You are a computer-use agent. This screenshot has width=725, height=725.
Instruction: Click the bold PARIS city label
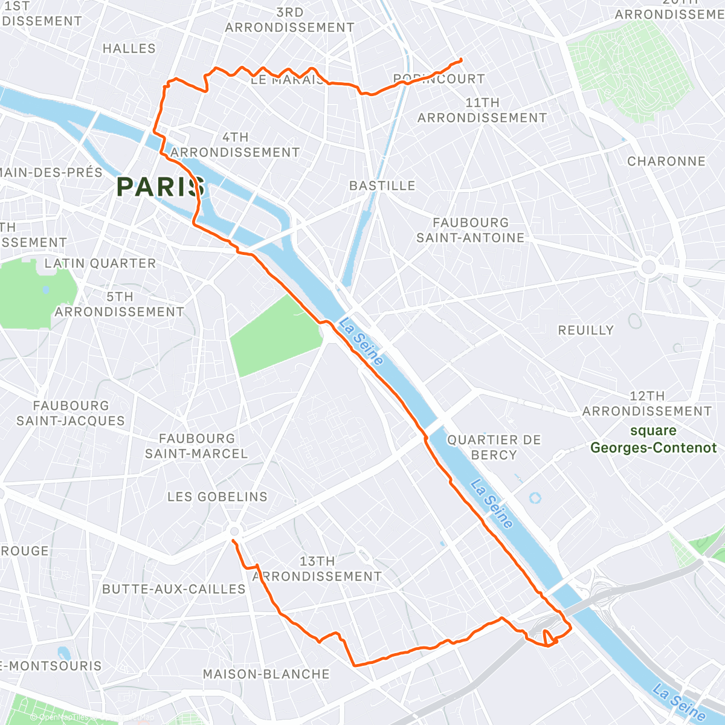click(x=161, y=187)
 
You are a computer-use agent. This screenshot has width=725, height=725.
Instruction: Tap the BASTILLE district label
click(x=382, y=185)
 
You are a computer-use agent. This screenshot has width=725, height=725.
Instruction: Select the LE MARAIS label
click(x=286, y=80)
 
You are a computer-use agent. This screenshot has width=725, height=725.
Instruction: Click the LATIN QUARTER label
click(x=100, y=263)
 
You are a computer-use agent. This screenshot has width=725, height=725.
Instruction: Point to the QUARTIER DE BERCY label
click(x=494, y=447)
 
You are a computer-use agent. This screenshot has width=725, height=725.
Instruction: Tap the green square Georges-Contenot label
click(x=653, y=439)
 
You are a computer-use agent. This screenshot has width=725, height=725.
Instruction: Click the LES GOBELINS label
click(x=217, y=497)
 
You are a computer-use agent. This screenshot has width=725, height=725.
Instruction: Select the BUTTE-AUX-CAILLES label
click(x=174, y=588)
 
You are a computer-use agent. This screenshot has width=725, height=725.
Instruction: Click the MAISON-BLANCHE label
click(x=266, y=674)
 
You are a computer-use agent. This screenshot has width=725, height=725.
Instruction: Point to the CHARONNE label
click(x=666, y=161)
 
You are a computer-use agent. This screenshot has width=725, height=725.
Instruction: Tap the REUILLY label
click(x=585, y=330)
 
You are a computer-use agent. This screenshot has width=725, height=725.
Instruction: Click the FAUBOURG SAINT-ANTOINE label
click(x=471, y=230)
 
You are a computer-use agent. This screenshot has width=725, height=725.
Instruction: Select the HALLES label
click(x=129, y=48)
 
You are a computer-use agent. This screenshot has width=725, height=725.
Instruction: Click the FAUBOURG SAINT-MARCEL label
click(x=196, y=446)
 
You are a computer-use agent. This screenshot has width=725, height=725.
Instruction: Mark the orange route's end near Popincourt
click(x=462, y=59)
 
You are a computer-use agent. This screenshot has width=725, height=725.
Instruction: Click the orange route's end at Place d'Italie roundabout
click(x=233, y=540)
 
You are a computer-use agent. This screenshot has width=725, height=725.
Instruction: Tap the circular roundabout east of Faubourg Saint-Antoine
click(x=649, y=266)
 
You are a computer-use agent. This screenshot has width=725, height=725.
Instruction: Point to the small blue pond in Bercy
click(x=535, y=498)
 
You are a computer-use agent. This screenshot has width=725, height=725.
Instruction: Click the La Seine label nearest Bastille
click(x=361, y=342)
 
